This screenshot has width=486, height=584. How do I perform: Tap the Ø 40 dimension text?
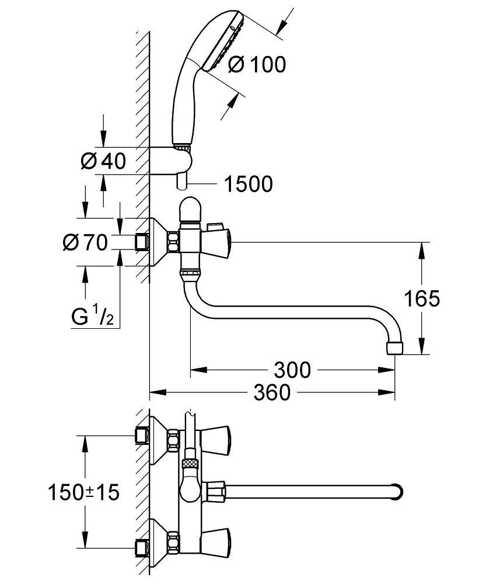[103, 161]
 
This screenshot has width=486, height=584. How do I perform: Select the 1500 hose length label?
[249, 185]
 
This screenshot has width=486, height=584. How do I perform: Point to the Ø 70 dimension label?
[85, 241]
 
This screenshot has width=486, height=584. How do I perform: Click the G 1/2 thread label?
[92, 317]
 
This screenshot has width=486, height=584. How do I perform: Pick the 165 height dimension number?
[422, 299]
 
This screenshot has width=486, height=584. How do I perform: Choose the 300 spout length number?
[291, 369]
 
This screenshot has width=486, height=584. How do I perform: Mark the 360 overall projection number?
[272, 392]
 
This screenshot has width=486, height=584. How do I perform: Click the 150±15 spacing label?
[83, 492]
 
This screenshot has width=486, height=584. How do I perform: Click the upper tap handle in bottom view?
[212, 436]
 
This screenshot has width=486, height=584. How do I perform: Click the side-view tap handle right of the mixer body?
[216, 239]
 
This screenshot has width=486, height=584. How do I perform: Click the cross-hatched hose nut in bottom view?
[190, 463]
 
